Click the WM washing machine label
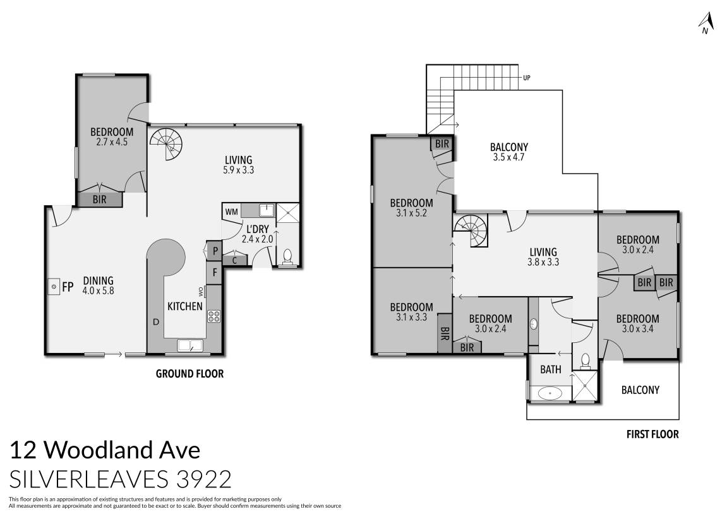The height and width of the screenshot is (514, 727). tap(231, 212)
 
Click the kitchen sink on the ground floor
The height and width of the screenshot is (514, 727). tap(189, 345)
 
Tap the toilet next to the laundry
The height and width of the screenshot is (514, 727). tap(288, 256)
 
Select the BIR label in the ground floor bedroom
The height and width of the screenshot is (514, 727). tap(99, 200)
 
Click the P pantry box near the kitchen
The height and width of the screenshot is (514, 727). tap(215, 251)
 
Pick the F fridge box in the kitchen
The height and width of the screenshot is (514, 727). tap(215, 273)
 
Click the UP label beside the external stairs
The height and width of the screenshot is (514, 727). tap(526, 78)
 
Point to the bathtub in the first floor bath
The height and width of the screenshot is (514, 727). tap(550, 393)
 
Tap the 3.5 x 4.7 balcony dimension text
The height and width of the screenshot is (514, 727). tap(509, 158)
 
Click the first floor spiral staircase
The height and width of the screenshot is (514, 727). tap(471, 227)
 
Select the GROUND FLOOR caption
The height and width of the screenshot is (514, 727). tap(189, 374)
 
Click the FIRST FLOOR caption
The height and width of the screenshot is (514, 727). tap(652, 434)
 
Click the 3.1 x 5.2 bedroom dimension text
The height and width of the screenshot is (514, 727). tap(411, 213)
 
